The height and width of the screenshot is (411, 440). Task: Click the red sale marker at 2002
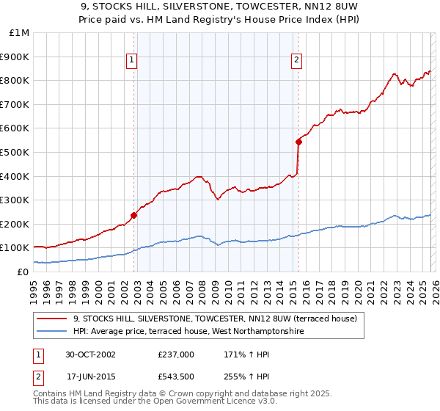tap(133, 215)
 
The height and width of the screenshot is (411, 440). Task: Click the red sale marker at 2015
tap(298, 142)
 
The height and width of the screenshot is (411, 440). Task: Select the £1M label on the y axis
tap(20, 32)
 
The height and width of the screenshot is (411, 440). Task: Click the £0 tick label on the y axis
tap(23, 272)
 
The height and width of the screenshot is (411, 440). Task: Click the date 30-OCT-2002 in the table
tap(90, 354)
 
